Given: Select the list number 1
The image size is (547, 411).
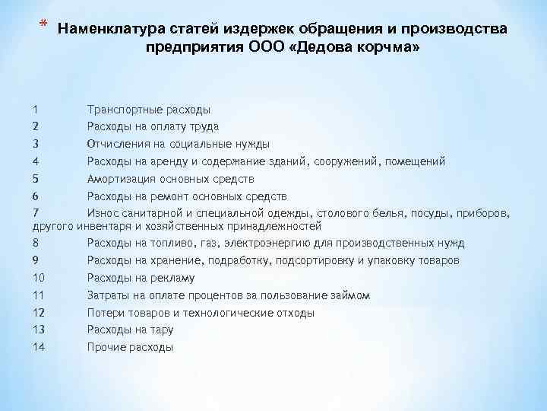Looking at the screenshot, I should click(x=36, y=110).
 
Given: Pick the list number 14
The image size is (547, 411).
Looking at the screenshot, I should click(x=40, y=347).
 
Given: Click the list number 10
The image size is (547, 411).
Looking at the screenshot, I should click(x=40, y=278).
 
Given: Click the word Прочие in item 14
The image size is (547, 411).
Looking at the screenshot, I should click(x=106, y=347).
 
